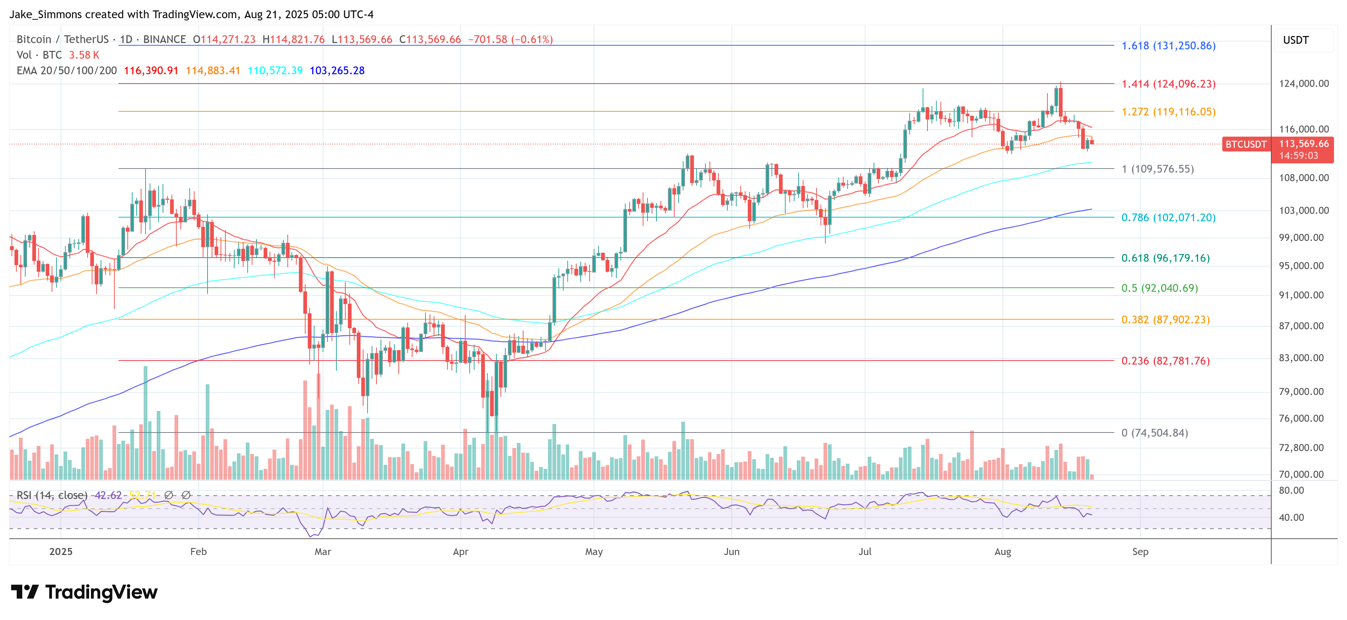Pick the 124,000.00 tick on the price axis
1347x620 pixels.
pos(1304,84)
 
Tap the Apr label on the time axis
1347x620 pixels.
pos(460,552)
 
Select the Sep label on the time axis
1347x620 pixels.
pos(1140,552)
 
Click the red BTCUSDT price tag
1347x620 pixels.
pos(1246,144)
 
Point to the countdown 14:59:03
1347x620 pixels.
pos(1298,156)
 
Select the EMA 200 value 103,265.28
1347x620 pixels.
pos(337,71)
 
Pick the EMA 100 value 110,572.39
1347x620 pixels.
pos(275,71)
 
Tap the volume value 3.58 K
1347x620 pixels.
pos(84,55)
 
